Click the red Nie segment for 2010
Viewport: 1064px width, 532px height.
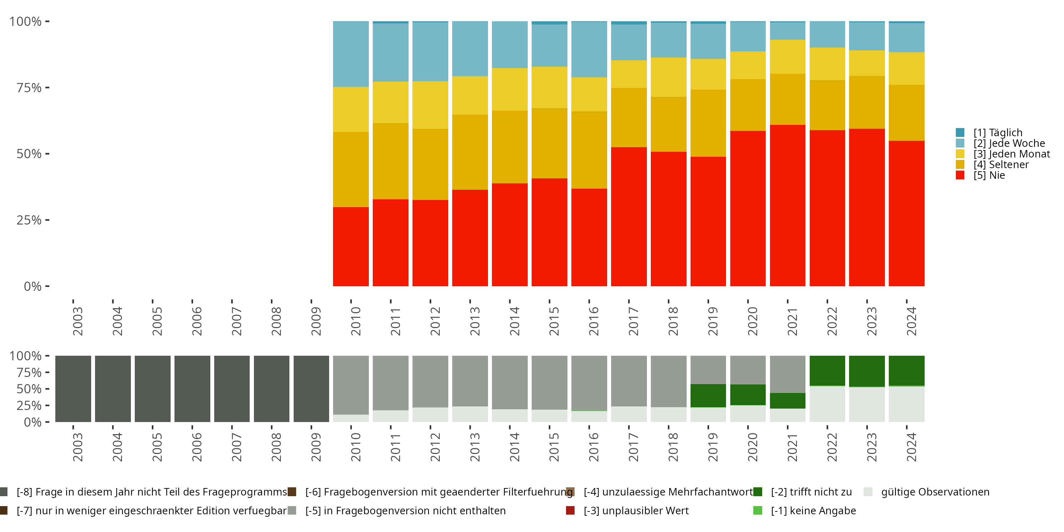[351, 246]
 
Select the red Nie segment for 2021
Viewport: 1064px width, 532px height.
[787, 205]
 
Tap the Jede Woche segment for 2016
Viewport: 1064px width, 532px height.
[589, 50]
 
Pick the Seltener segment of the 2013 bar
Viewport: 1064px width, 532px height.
[470, 152]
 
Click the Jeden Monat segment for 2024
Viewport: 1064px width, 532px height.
[906, 68]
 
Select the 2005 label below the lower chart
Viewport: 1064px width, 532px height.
[157, 447]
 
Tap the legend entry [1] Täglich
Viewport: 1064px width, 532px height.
[997, 133]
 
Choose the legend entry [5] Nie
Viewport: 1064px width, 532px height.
[989, 175]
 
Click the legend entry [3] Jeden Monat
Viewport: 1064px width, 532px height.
[1011, 154]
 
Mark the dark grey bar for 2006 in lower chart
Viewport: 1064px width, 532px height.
[192, 389]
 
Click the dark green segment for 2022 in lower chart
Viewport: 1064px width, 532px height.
[827, 371]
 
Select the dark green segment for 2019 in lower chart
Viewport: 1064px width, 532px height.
[708, 396]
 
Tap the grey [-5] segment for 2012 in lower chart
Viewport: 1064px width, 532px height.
[430, 381]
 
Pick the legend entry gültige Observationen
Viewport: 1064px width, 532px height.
[934, 492]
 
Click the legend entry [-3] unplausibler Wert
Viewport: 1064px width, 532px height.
[636, 510]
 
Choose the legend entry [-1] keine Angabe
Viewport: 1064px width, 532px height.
[813, 510]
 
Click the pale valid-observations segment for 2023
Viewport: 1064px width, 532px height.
[866, 404]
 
